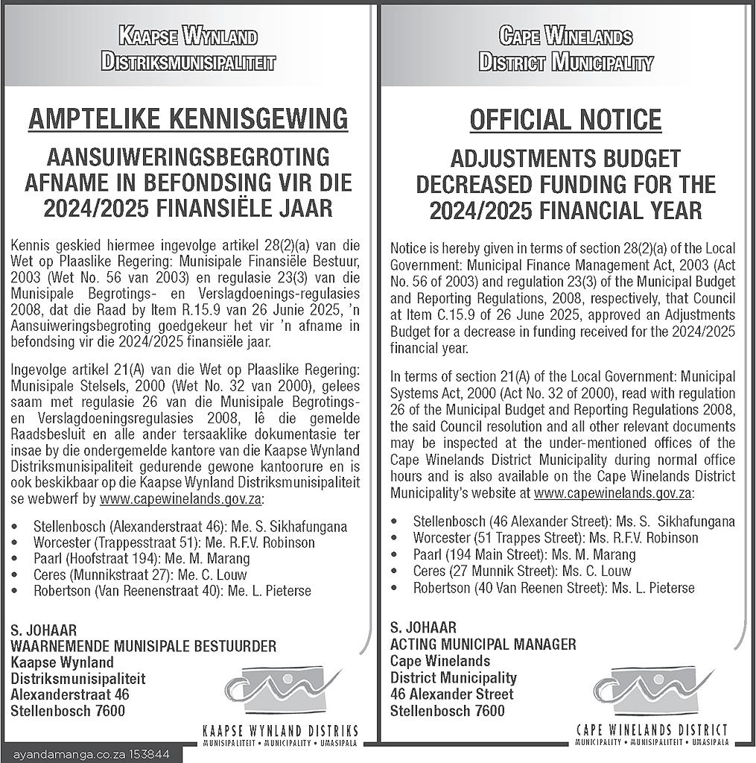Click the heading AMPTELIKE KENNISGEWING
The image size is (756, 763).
[x=188, y=118]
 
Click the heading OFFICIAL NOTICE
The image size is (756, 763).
[x=565, y=119]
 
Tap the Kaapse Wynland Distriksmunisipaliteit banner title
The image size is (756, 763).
[x=188, y=49]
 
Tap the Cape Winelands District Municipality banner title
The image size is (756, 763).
[x=565, y=49]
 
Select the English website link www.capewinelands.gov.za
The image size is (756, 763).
[x=613, y=493]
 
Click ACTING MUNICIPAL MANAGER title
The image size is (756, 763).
[x=483, y=644]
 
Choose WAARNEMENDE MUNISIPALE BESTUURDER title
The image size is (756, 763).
[x=143, y=645]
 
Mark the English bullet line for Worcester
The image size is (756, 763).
[x=556, y=537]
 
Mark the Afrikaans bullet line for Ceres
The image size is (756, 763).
[x=140, y=574]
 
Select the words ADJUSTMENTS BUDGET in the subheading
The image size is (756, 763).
[x=565, y=158]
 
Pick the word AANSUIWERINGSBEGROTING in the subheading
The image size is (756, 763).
[x=188, y=157]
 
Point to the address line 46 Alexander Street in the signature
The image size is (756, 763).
[x=451, y=694]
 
